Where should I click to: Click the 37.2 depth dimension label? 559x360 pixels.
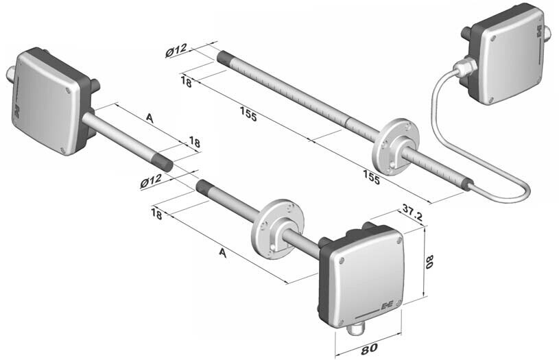(x=412, y=213)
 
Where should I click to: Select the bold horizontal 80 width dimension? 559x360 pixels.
(x=368, y=348)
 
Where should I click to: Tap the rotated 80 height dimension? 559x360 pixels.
(x=429, y=262)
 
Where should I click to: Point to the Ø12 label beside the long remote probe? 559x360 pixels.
(x=176, y=50)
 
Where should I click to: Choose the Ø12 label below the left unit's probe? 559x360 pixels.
(x=151, y=182)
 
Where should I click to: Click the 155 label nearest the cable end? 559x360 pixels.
(x=371, y=177)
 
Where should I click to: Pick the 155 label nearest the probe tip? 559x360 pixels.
(x=248, y=114)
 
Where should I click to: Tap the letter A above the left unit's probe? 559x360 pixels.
(x=150, y=119)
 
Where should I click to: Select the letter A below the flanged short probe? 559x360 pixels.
(x=223, y=253)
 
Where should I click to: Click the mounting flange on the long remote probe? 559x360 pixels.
(x=395, y=147)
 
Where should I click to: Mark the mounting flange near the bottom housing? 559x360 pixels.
(x=278, y=228)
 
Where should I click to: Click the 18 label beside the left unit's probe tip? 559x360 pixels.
(x=194, y=143)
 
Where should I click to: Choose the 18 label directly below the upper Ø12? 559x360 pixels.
(x=186, y=82)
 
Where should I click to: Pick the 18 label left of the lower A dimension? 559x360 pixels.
(x=156, y=214)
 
